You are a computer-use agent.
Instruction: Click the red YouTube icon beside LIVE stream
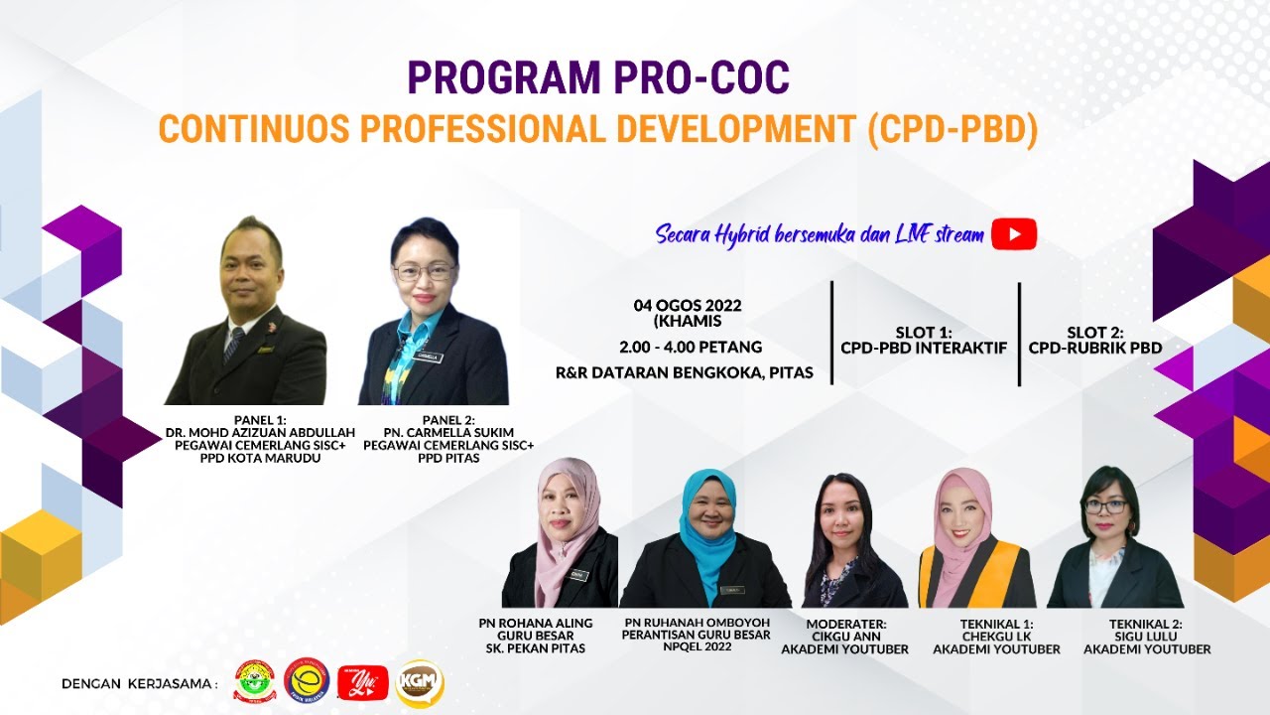click(1013, 234)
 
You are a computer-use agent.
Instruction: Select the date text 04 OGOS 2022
click(688, 306)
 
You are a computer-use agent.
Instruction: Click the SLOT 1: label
click(924, 333)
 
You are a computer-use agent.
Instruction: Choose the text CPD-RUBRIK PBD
click(1095, 349)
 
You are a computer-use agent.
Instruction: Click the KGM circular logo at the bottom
click(419, 683)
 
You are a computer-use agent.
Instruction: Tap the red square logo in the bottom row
click(362, 683)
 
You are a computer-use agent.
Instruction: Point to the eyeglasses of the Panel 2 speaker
click(424, 271)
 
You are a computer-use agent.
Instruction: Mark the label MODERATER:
click(845, 624)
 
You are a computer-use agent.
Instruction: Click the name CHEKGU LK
click(996, 637)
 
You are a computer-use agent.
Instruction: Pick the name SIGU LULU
click(1147, 637)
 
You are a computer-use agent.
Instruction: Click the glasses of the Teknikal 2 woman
click(1105, 505)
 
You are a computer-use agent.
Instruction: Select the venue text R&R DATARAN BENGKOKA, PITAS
click(685, 372)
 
